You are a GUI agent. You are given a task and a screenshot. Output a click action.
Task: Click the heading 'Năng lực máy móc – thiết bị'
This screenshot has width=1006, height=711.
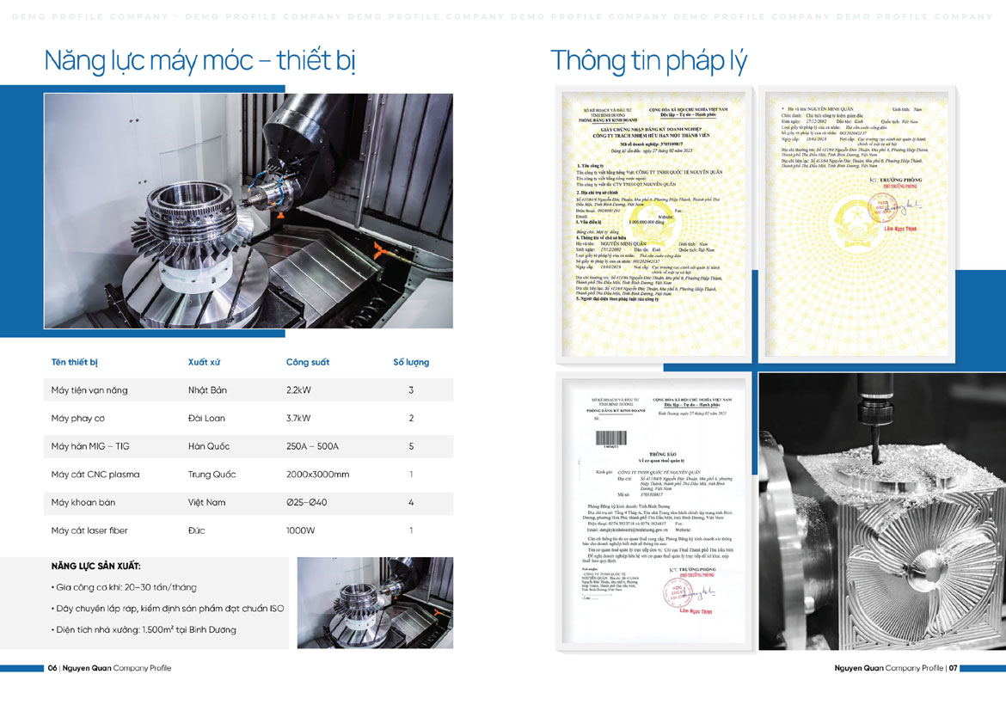(199, 61)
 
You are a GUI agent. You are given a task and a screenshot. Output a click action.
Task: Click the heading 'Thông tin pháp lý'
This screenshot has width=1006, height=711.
(648, 61)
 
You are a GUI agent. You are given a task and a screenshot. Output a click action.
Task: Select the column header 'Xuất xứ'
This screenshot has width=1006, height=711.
(204, 362)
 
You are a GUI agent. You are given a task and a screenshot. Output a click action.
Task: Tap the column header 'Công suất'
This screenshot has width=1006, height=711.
(308, 362)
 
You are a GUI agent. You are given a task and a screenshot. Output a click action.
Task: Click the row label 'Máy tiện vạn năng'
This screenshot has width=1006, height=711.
(89, 390)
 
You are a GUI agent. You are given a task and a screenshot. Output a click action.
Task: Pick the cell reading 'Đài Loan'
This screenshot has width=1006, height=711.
(207, 418)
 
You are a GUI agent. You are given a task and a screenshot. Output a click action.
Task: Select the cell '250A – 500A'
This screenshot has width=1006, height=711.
(312, 446)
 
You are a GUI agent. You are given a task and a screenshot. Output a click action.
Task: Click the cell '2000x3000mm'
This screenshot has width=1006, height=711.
(317, 475)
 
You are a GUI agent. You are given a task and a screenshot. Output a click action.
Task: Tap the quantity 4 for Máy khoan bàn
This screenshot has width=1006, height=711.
(411, 502)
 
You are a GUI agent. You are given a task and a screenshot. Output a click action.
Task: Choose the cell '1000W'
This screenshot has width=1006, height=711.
(301, 530)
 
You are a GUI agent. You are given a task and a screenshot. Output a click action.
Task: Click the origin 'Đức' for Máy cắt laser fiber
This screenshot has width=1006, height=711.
(196, 530)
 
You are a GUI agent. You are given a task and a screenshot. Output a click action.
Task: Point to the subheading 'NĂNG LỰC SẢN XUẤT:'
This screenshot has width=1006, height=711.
(96, 567)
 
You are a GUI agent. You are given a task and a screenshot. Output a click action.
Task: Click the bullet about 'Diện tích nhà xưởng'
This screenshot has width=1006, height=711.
(144, 629)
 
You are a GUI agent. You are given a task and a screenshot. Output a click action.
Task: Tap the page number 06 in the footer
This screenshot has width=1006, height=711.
(52, 668)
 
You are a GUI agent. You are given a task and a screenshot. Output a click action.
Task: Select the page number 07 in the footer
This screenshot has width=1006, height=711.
(954, 668)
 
